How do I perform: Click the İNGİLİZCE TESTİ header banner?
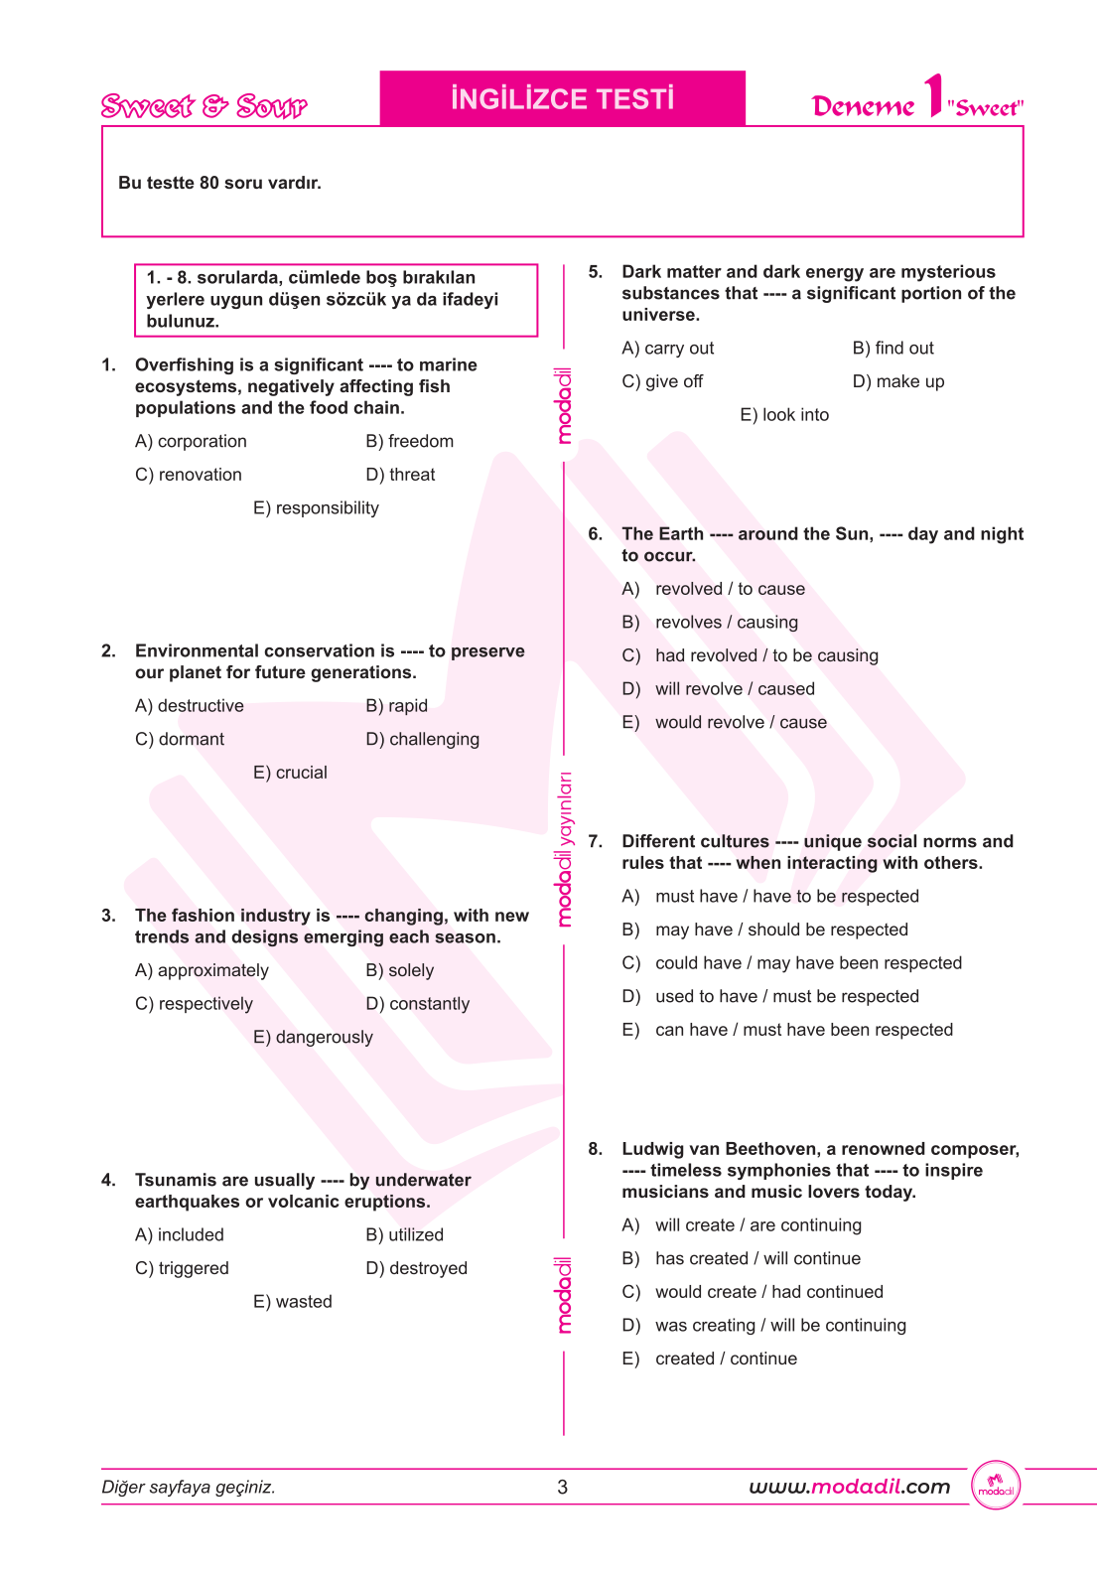562,98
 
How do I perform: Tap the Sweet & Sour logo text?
204,105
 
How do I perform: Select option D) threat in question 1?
400,475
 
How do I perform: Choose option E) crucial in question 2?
290,773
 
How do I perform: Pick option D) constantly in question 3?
417,1004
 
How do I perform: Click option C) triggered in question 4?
182,1268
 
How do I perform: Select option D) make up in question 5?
897,381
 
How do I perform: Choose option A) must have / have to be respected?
770,897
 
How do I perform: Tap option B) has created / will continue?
742,1259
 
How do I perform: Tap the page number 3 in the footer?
563,1487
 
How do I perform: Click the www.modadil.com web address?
849,1487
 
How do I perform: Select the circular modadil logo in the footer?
996,1486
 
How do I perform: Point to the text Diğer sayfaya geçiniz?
189,1487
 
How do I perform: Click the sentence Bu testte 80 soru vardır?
219,183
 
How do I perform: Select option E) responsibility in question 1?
316,508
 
